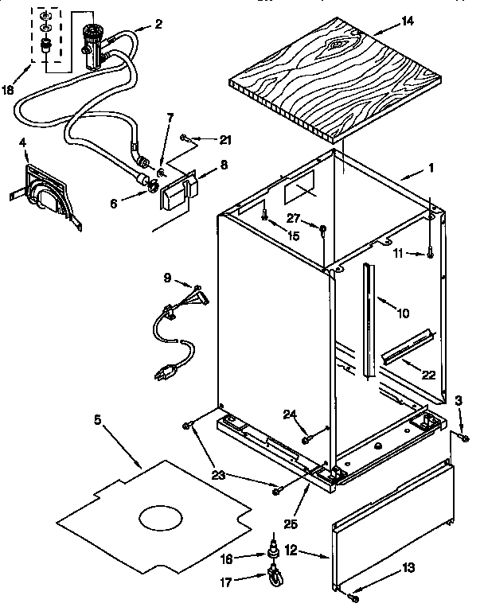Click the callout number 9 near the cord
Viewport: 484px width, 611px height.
click(168, 278)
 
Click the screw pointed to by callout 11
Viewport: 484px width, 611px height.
click(430, 254)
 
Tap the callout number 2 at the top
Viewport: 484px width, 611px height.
click(159, 24)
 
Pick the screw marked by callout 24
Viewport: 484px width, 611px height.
click(307, 436)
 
